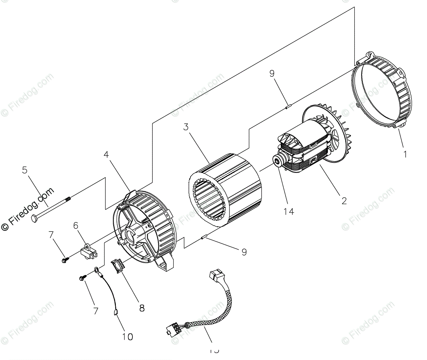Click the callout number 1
click(x=405, y=154)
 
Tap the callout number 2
click(x=344, y=200)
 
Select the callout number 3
click(x=186, y=127)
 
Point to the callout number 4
click(x=106, y=154)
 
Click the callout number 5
click(x=25, y=170)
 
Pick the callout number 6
click(x=76, y=225)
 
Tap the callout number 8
click(x=142, y=308)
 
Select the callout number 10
click(x=127, y=337)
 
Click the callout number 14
click(x=289, y=211)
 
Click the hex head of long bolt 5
click(x=34, y=218)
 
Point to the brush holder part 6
click(x=89, y=251)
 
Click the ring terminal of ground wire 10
click(x=97, y=270)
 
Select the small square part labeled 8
click(x=118, y=267)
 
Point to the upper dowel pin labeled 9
click(x=288, y=106)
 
